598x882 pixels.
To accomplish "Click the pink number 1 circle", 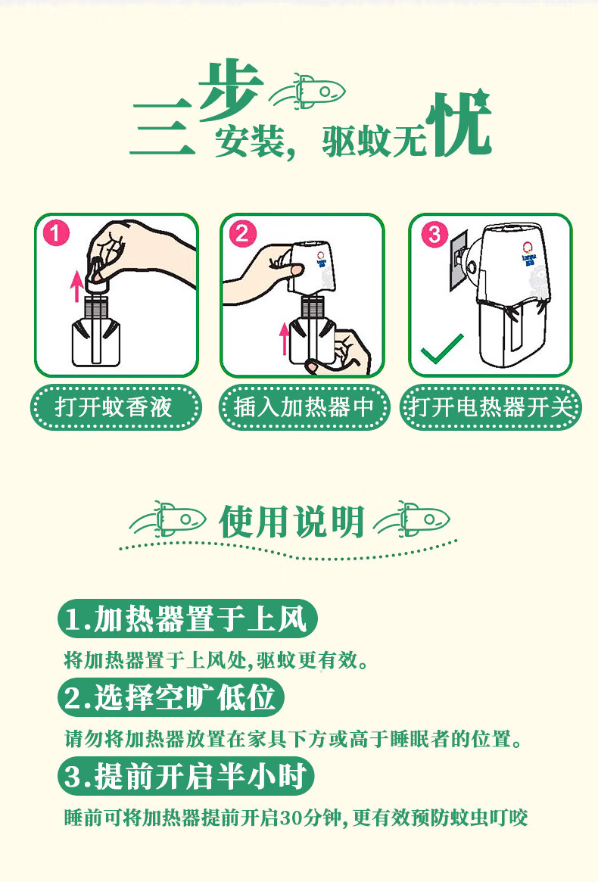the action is click(x=56, y=232).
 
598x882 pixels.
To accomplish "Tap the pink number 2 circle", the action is click(x=243, y=233).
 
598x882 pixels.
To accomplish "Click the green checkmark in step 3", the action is click(x=442, y=349).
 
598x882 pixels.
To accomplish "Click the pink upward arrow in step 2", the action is click(x=285, y=338).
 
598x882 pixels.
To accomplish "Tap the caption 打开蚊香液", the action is click(x=114, y=407).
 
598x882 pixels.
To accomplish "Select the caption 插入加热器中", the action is click(x=304, y=407).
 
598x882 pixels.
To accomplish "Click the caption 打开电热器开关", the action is click(x=491, y=407).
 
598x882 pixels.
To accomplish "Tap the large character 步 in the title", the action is click(x=231, y=91).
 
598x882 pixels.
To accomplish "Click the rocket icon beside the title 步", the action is click(x=307, y=91).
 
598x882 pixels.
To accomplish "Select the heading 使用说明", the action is click(x=292, y=522).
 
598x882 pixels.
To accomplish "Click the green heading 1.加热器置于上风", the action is click(x=187, y=619).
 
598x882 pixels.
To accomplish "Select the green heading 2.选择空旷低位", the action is click(x=171, y=697).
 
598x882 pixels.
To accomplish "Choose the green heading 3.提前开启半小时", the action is click(x=185, y=776).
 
